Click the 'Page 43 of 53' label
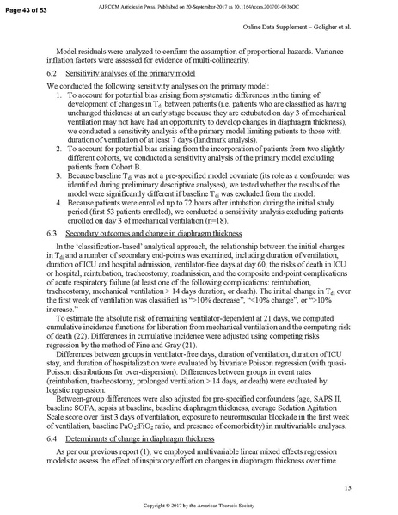pyautogui.click(x=28, y=8)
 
